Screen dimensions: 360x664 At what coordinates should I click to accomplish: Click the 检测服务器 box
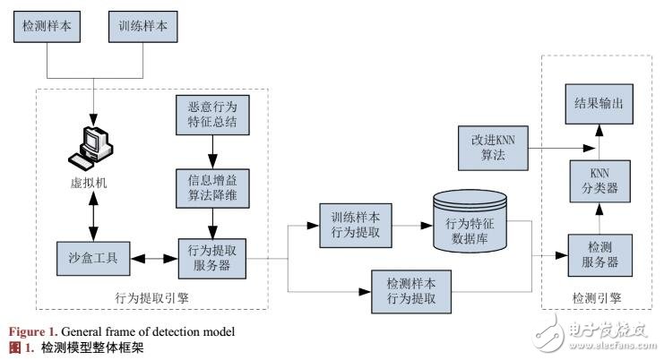595,256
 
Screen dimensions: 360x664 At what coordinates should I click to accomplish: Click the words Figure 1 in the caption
30,330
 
